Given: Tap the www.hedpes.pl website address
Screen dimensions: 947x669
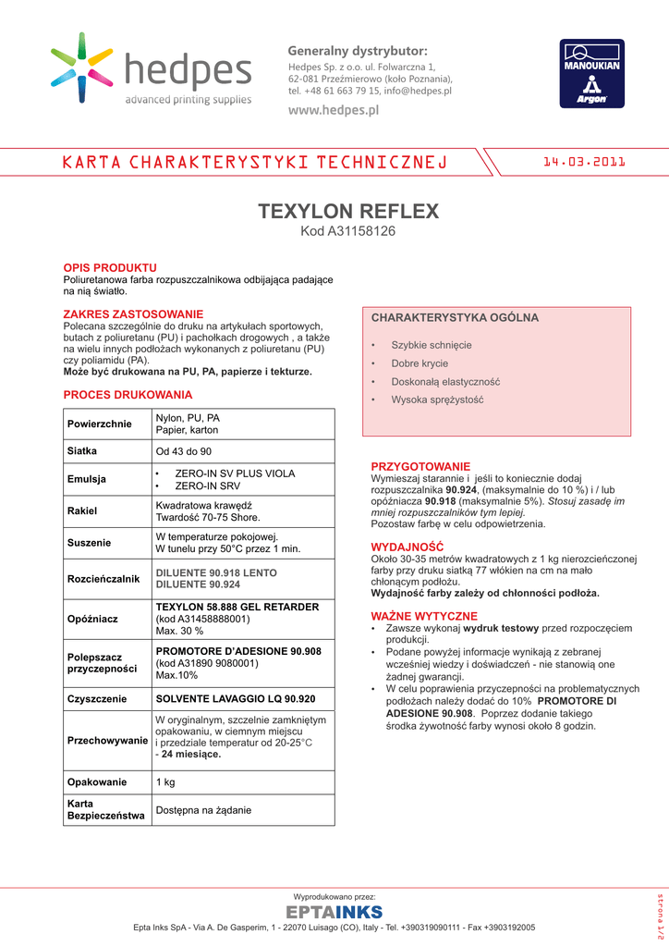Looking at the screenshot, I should coord(334,110).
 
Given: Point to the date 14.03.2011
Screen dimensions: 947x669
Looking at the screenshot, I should coord(584,162).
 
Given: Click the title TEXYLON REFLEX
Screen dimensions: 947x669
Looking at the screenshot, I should coord(348,211).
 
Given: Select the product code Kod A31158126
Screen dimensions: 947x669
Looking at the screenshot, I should coord(348,231).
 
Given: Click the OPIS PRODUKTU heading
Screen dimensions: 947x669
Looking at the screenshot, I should coord(109,267).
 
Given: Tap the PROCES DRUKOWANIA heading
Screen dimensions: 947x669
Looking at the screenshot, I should coord(128,395).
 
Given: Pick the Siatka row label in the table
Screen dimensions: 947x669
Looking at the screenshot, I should coord(82,451).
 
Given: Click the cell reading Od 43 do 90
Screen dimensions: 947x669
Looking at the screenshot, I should coord(183,451).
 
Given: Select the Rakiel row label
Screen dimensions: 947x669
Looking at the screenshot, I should coord(82,510).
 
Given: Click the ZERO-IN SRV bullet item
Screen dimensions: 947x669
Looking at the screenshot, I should coord(207,486).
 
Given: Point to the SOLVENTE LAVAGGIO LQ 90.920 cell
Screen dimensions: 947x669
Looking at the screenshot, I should coord(236,699).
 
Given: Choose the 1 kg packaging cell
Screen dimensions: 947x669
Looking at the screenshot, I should coord(165,782).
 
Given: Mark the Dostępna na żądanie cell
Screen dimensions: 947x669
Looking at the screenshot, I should coord(203,810).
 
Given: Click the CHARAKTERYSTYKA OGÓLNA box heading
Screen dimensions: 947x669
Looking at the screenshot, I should coord(455,318).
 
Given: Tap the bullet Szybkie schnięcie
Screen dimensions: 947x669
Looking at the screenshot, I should coord(431,345).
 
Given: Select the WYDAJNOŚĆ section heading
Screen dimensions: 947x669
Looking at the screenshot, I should coord(407,547).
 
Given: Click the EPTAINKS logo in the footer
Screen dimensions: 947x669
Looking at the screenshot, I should coord(334,914).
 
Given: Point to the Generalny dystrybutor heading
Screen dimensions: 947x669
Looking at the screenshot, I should coord(358,50).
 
